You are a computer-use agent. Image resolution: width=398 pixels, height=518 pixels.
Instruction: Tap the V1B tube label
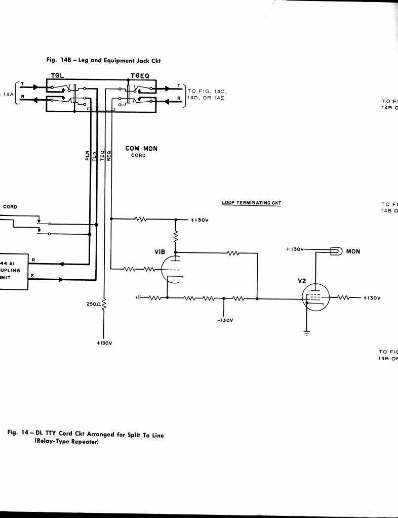point(160,251)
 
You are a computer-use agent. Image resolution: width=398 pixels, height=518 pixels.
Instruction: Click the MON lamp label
point(353,251)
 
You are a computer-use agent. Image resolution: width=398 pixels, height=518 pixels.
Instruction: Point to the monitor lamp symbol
point(336,251)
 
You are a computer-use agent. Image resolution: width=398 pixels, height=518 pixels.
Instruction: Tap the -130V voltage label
point(224,320)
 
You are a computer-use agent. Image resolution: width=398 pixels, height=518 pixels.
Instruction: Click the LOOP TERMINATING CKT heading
point(251,203)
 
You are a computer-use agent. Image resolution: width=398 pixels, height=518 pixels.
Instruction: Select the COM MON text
point(141,149)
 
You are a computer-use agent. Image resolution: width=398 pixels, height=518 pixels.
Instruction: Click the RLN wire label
point(88,155)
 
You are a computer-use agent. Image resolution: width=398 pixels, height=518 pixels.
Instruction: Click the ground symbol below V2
point(306,332)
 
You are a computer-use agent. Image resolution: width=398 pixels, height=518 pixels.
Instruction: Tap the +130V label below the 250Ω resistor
point(104,343)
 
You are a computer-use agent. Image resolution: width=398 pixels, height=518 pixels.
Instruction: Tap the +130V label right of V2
point(371,298)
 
